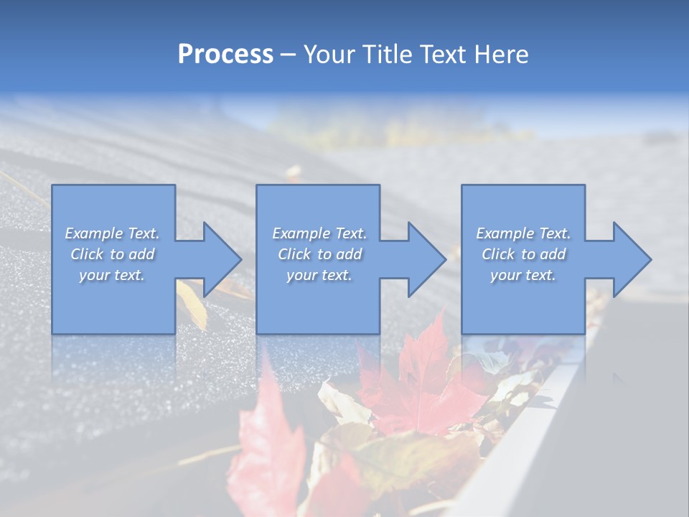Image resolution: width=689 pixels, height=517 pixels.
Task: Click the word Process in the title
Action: pyautogui.click(x=225, y=55)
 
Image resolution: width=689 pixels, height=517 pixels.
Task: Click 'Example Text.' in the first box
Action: pyautogui.click(x=112, y=233)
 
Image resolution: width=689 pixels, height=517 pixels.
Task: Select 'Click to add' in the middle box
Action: pyautogui.click(x=319, y=254)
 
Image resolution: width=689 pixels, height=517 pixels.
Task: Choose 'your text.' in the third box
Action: pyautogui.click(x=523, y=275)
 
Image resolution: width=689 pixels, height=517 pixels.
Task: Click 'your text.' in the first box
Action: pyautogui.click(x=112, y=275)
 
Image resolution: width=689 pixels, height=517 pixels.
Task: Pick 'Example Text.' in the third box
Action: pyautogui.click(x=523, y=233)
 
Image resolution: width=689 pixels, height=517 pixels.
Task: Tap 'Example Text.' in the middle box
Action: pyautogui.click(x=319, y=233)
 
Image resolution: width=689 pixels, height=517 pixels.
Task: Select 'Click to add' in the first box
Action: pyautogui.click(x=112, y=254)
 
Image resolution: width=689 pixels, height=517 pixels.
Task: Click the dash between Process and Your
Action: pyautogui.click(x=288, y=55)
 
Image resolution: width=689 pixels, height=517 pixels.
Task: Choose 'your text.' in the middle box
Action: pyautogui.click(x=319, y=275)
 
